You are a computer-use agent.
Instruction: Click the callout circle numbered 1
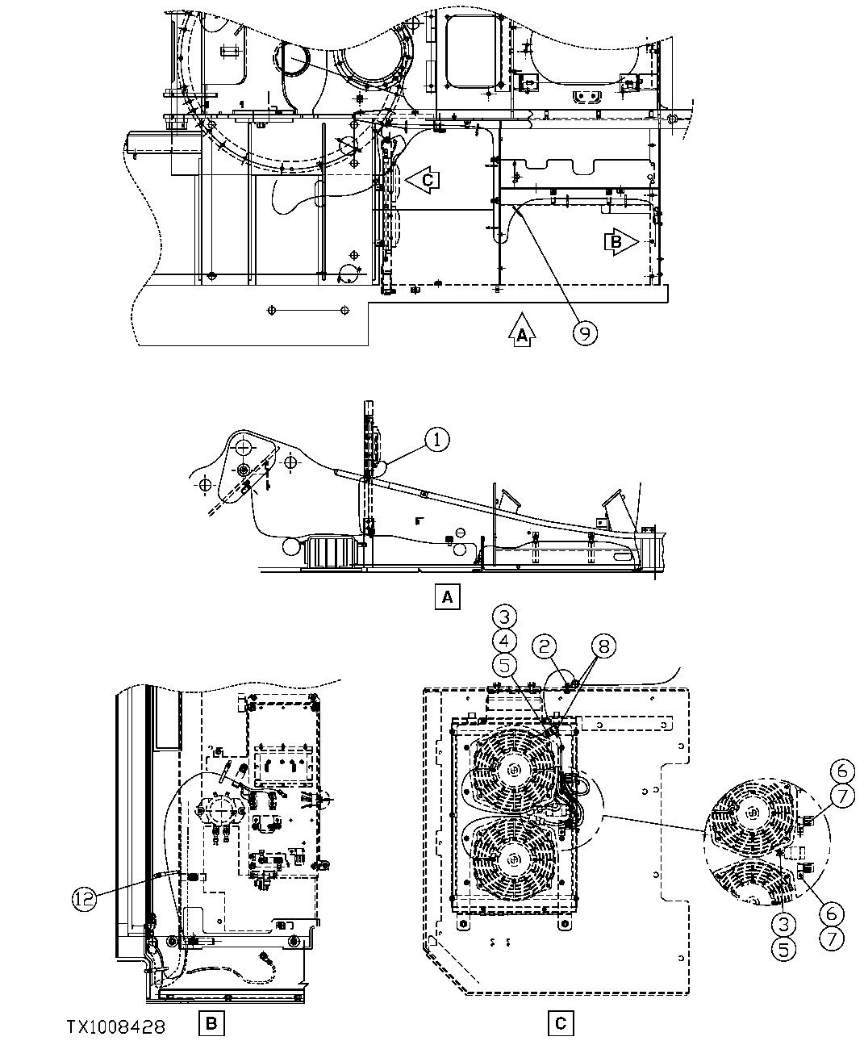tap(436, 440)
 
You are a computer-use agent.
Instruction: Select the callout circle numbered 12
tap(84, 897)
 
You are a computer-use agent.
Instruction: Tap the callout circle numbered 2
tap(545, 645)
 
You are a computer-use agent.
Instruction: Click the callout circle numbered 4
tap(503, 642)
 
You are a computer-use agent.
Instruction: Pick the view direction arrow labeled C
tap(421, 180)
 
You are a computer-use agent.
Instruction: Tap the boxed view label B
tap(211, 1025)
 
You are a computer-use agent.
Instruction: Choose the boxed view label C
tap(560, 1025)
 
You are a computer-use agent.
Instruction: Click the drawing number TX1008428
tap(116, 1026)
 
